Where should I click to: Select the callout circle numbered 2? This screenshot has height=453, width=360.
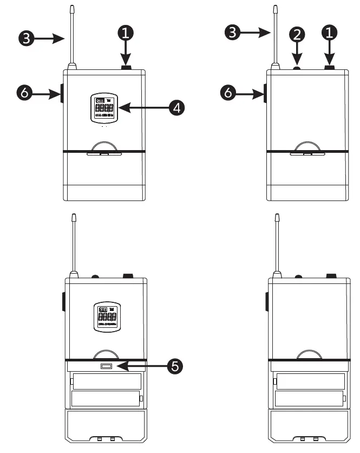pos(297,34)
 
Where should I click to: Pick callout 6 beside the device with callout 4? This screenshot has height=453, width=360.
pos(23,94)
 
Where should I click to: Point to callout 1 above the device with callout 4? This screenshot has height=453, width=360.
pos(126,33)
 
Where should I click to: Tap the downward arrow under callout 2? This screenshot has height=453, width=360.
pos(297,54)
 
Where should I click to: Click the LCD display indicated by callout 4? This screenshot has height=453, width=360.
pos(104,107)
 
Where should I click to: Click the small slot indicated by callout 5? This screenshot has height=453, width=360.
pos(106,367)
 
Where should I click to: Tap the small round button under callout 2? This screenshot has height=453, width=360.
pos(297,68)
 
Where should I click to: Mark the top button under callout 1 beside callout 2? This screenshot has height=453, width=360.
pos(330,67)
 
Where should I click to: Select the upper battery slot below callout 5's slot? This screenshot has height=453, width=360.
pos(106,381)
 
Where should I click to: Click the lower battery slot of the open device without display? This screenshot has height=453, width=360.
pos(309,400)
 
